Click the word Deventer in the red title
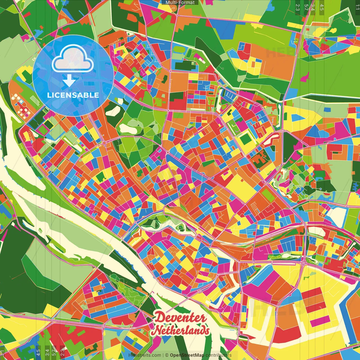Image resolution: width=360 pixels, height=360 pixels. (x=180, y=318)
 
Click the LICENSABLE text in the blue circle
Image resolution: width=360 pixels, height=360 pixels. (x=73, y=95)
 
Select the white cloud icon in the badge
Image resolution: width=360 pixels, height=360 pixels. (x=73, y=59)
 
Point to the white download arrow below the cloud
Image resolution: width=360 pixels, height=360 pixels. (x=69, y=81)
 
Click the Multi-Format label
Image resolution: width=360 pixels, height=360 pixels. (x=180, y=3)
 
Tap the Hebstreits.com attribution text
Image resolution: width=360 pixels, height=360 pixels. (x=145, y=355)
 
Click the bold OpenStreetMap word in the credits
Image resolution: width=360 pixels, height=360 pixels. (x=187, y=355)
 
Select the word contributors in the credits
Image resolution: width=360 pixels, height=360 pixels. (x=218, y=355)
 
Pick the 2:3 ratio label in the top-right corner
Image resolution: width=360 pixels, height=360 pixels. (x=298, y=7)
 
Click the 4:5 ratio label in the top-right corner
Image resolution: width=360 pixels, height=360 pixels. (x=322, y=7)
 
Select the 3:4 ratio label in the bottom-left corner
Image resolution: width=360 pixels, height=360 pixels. (x=47, y=352)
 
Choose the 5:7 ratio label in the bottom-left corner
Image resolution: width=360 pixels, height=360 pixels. (x=54, y=352)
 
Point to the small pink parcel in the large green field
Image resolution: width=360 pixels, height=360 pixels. (x=305, y=76)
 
